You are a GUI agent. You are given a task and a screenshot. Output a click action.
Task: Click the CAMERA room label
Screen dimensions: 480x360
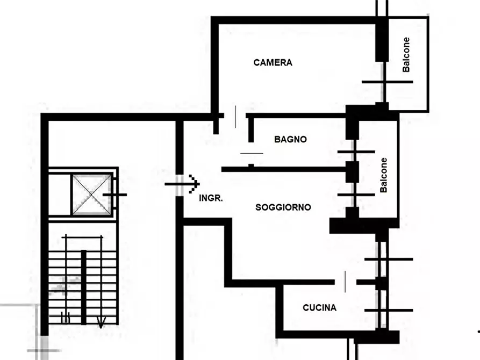(x=273, y=62)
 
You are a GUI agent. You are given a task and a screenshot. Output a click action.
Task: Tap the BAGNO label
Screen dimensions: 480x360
(x=290, y=139)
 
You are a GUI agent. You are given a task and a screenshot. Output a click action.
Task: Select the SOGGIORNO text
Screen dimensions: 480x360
(x=283, y=207)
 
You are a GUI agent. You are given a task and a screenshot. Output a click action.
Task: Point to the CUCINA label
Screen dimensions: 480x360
(x=319, y=308)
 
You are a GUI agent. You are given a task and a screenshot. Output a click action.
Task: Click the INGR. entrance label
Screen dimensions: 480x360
(x=211, y=198)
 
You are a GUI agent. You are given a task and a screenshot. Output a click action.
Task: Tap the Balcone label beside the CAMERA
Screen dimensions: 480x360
(x=406, y=55)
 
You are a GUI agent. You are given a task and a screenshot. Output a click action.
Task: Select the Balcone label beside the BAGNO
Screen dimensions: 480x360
(x=383, y=175)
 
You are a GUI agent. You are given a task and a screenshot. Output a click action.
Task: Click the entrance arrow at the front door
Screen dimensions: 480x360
(x=182, y=184)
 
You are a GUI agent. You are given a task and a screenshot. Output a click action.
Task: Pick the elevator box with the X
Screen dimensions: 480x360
(x=91, y=195)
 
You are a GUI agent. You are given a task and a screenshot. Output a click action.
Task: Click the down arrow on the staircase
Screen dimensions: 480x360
(x=101, y=322)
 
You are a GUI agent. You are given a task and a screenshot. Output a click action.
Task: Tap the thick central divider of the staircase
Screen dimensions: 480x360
(x=83, y=287)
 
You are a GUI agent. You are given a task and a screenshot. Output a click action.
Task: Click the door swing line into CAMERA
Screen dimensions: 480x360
(x=235, y=117)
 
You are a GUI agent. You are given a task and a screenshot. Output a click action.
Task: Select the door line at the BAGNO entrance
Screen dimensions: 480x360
(x=252, y=153)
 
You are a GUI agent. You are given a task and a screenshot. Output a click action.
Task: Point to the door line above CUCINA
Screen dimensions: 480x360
(x=345, y=282)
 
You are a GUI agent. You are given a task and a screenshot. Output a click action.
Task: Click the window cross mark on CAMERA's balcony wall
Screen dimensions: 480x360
(x=387, y=82)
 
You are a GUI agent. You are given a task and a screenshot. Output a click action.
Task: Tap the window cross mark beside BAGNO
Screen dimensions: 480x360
(x=356, y=152)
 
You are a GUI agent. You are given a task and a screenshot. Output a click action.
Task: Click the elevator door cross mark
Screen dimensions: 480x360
(x=115, y=195)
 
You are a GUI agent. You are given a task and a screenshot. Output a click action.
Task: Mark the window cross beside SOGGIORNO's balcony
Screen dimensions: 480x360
(x=356, y=195)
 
